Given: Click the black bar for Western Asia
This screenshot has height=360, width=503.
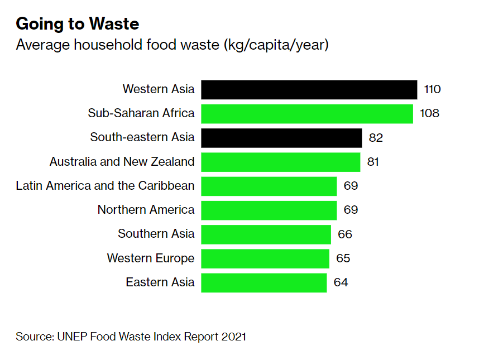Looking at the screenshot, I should click(309, 89).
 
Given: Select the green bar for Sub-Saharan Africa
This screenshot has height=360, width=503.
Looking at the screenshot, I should click(306, 113).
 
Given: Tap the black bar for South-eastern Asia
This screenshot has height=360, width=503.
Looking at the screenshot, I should click(281, 138).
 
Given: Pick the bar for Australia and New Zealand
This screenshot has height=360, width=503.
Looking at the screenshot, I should click(280, 162).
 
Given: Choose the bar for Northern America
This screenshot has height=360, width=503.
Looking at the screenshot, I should click(269, 210).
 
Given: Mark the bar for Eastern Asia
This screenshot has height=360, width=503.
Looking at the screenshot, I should click(264, 282).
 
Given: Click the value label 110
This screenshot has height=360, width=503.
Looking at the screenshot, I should click(433, 89).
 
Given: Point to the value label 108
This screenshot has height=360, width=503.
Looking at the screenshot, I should click(430, 113).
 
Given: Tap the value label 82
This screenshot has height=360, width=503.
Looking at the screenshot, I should click(376, 138).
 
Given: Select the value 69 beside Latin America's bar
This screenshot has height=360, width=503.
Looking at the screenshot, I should click(351, 186).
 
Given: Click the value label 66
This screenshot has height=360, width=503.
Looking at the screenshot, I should click(345, 234).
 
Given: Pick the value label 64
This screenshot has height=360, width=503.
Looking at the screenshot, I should click(341, 282).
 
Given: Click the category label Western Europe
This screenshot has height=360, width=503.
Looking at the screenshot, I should click(151, 258).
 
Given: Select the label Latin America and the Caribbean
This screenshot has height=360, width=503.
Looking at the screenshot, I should click(105, 186).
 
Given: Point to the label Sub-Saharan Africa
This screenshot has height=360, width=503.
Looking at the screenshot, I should click(141, 113).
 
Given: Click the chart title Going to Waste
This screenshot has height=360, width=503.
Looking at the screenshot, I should click(78, 24).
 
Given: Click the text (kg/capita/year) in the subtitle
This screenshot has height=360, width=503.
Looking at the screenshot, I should click(276, 45).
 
